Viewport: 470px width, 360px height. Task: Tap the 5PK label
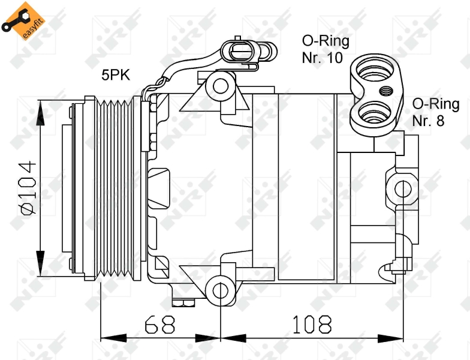(x=115, y=75)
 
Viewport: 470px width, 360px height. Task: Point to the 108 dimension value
(x=311, y=325)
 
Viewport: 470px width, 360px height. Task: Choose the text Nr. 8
(x=428, y=121)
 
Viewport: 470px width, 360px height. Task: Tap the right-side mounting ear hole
(x=403, y=189)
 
